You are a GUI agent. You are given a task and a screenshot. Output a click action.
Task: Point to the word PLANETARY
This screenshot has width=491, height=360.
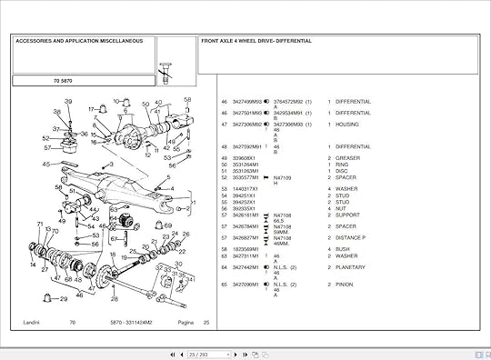pos(351,267)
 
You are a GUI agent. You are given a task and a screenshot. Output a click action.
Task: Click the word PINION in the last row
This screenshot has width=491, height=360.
pos(346,285)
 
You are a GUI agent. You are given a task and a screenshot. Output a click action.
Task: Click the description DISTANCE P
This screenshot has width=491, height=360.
pos(352,236)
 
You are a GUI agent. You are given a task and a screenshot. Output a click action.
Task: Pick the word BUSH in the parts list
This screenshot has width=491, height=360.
pos(343,248)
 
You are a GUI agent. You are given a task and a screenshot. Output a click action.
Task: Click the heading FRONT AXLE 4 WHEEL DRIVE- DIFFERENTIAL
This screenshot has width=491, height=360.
pos(256,41)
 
